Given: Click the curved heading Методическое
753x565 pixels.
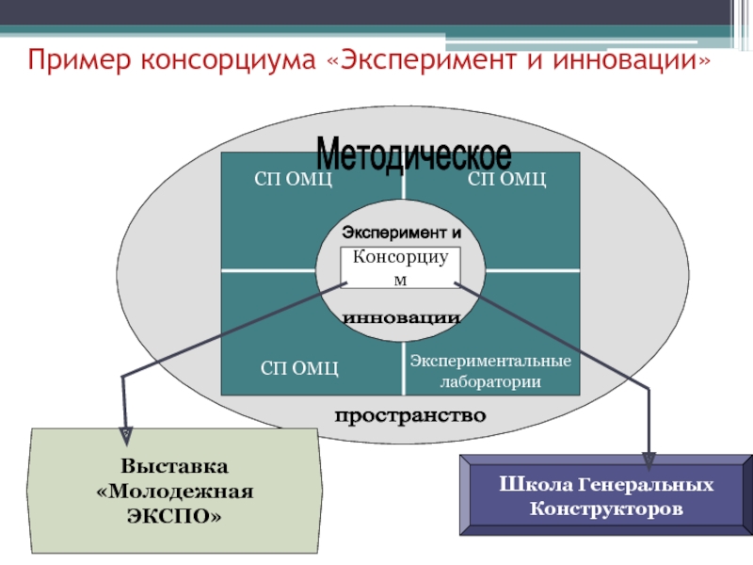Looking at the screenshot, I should pos(413,153).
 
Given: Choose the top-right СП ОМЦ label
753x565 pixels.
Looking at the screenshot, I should pos(507,179).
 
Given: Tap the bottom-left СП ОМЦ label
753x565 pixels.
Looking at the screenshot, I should pos(299,367).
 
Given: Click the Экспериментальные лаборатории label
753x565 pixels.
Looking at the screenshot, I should pos(491,372).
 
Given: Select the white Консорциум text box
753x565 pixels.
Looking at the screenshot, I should pos(400,267).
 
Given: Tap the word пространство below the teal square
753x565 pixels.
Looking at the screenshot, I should pos(410,415).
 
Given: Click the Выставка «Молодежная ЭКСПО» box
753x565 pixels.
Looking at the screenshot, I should pos(174,491).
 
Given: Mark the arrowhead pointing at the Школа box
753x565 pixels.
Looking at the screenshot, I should pos(649,459).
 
